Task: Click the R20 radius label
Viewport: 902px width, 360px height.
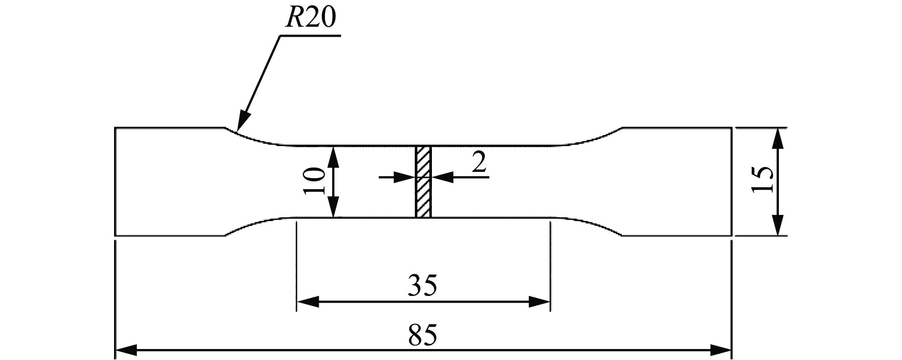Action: (310, 19)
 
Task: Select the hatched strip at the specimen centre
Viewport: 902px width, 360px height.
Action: (423, 181)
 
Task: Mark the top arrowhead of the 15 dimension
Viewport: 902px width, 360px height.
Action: (778, 138)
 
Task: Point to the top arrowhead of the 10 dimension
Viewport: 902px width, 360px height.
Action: (334, 156)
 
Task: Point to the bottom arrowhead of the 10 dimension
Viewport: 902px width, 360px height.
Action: (334, 208)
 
